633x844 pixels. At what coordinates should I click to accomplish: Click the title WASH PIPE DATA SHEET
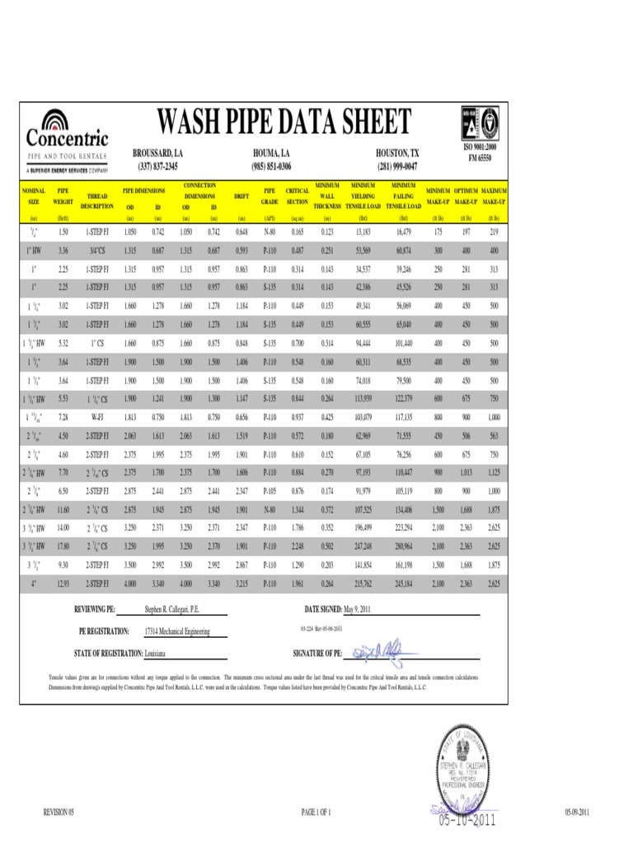[x=283, y=124]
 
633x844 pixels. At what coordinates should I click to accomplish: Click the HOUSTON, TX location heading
[x=397, y=154]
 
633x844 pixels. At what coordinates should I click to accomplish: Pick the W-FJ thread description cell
[x=97, y=418]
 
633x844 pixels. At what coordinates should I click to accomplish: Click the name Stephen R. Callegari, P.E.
[x=172, y=610]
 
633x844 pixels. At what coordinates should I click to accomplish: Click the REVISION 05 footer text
[x=59, y=813]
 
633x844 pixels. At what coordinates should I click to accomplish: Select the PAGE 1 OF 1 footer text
[x=316, y=813]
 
